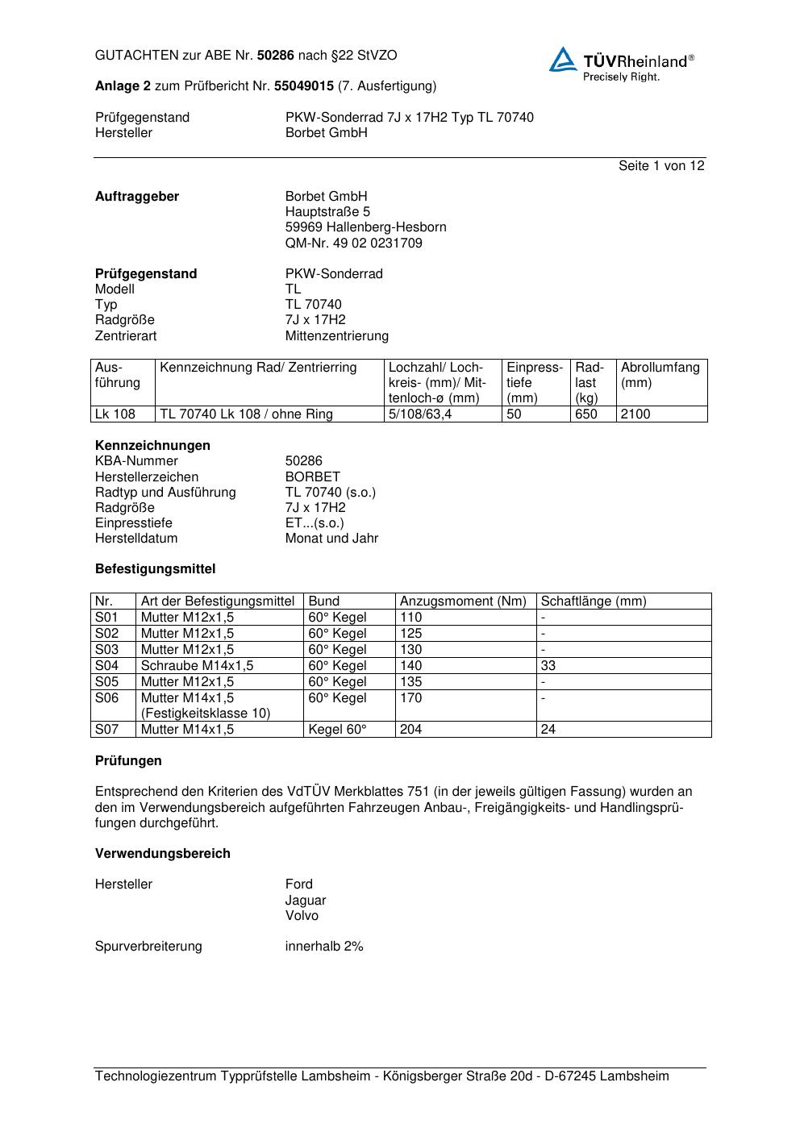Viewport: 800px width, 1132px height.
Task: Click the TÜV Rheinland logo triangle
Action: (x=563, y=60)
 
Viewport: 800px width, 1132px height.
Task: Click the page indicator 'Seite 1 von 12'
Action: (x=661, y=165)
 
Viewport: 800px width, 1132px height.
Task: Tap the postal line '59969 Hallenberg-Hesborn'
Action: (x=365, y=227)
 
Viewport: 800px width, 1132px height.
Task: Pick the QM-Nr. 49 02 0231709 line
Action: (x=353, y=243)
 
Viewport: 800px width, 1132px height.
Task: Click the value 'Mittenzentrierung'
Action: (x=336, y=335)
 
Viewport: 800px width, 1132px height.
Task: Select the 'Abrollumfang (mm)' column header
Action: (x=660, y=375)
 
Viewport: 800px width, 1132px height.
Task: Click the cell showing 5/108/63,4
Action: (x=420, y=414)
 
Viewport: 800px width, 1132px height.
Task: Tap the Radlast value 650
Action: (x=586, y=414)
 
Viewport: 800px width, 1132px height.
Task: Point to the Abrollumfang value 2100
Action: (x=635, y=414)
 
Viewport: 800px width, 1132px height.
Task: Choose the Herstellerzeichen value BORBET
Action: (x=312, y=477)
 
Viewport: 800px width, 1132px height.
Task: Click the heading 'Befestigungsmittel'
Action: (x=155, y=569)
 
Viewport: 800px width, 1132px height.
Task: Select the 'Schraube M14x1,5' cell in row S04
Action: (x=197, y=666)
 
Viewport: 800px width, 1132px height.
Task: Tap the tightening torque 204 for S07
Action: (x=410, y=730)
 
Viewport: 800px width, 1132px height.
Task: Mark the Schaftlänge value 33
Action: (x=548, y=666)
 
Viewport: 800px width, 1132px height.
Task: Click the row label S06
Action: (x=106, y=698)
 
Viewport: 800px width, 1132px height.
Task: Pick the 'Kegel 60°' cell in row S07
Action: (x=337, y=730)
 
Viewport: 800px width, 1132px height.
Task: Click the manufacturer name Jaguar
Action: (x=306, y=900)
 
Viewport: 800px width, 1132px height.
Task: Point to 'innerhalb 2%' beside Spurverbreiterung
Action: (x=324, y=947)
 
